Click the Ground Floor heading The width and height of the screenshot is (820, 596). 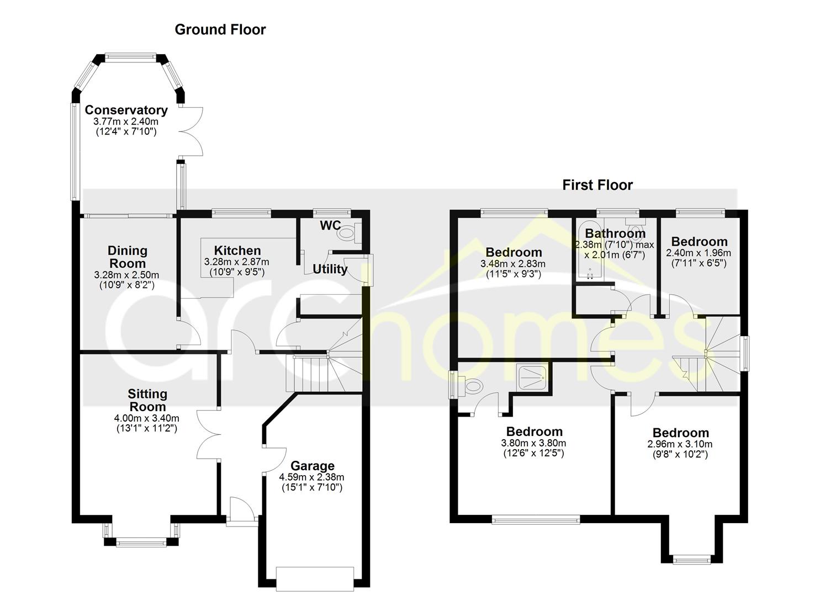(220, 30)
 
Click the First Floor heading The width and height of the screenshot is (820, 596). (597, 185)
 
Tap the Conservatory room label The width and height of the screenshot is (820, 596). (126, 110)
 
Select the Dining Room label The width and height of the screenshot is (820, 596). (128, 257)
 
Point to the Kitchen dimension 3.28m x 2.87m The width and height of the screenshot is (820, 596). (236, 262)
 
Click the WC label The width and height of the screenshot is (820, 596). (330, 225)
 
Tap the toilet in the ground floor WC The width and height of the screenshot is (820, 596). (350, 232)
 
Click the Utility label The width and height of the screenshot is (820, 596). (330, 269)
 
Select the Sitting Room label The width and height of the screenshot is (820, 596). (147, 400)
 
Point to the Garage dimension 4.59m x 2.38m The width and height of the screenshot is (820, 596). (311, 477)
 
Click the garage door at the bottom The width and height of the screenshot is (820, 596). (315, 579)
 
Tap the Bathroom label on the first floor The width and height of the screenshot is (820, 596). (615, 233)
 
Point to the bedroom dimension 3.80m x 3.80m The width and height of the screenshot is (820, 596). (533, 443)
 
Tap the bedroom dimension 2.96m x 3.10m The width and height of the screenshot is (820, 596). (680, 444)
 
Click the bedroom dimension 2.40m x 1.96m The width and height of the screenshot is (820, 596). (699, 253)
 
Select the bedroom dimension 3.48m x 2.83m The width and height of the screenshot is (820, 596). (513, 263)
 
